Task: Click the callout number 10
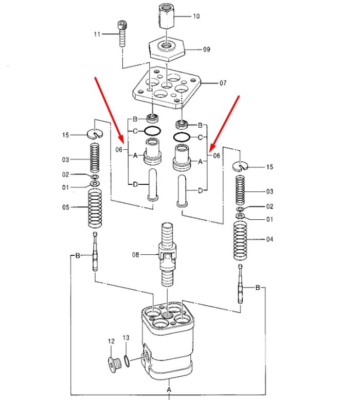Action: tap(196, 16)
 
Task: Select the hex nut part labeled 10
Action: tap(167, 16)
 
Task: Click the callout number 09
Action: tap(207, 49)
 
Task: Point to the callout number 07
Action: tap(223, 83)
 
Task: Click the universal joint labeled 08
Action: tap(167, 255)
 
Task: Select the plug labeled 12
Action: tap(114, 365)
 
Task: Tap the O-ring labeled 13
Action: tap(127, 361)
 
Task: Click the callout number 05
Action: tap(66, 207)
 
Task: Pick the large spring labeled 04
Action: tap(240, 240)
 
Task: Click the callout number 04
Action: tap(269, 239)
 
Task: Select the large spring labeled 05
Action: tap(95, 208)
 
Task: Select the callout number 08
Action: tap(136, 255)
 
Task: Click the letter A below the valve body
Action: tap(169, 390)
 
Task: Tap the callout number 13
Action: tap(126, 338)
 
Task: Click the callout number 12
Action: tap(111, 341)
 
